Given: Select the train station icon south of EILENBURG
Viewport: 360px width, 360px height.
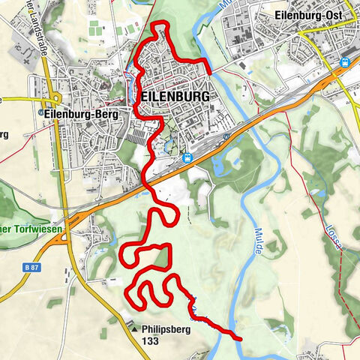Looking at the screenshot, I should [187, 157].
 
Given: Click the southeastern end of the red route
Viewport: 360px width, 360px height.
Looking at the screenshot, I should [241, 339].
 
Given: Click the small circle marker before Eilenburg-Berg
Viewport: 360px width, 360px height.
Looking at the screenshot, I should [40, 113].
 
